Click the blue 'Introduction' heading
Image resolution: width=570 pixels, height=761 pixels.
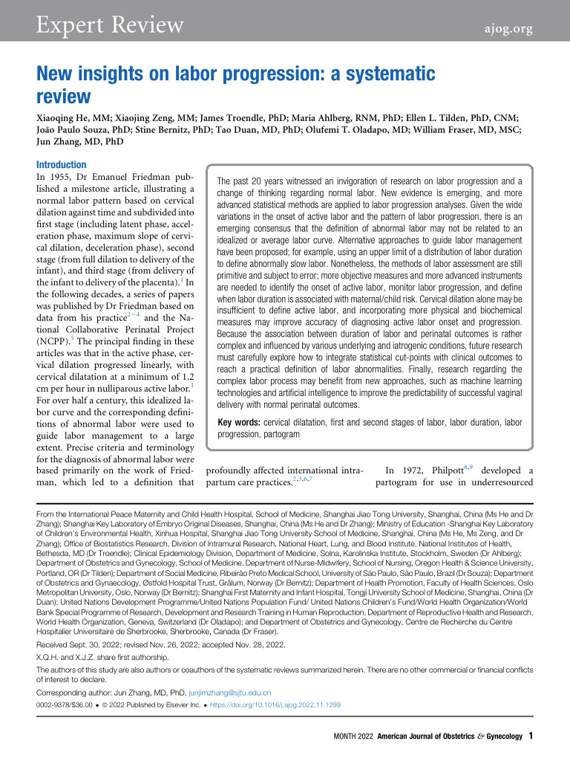tap(62, 165)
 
